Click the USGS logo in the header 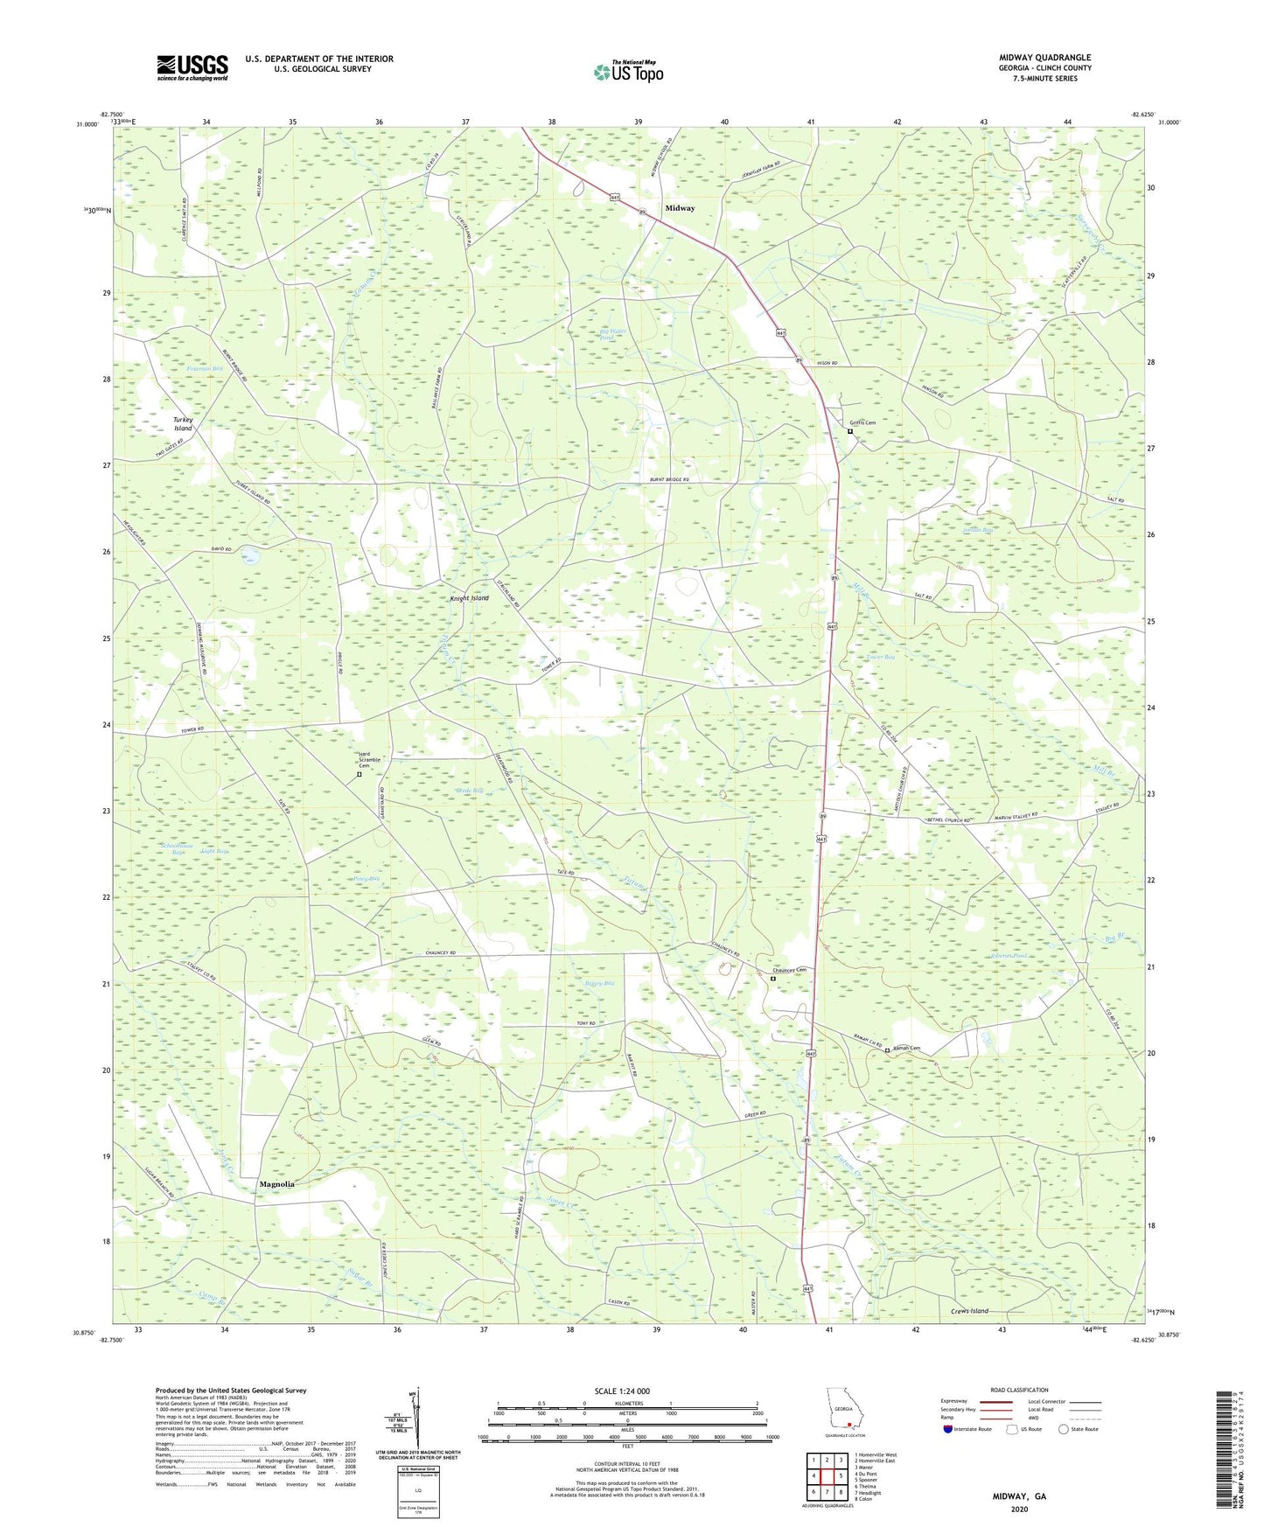click(x=192, y=67)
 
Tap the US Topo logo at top click(x=628, y=72)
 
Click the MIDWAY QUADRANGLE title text click(x=1044, y=58)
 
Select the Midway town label click(x=680, y=208)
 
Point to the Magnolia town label click(x=276, y=1184)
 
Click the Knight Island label click(x=470, y=598)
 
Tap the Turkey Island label click(x=183, y=424)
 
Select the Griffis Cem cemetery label click(x=860, y=422)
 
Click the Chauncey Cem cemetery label click(x=789, y=970)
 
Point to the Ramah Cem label click(x=906, y=1049)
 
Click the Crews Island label click(x=969, y=1311)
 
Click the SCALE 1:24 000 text click(x=622, y=1391)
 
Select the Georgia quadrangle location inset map click(x=843, y=1412)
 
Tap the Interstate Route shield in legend click(x=948, y=1429)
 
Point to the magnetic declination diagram click(x=416, y=1420)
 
